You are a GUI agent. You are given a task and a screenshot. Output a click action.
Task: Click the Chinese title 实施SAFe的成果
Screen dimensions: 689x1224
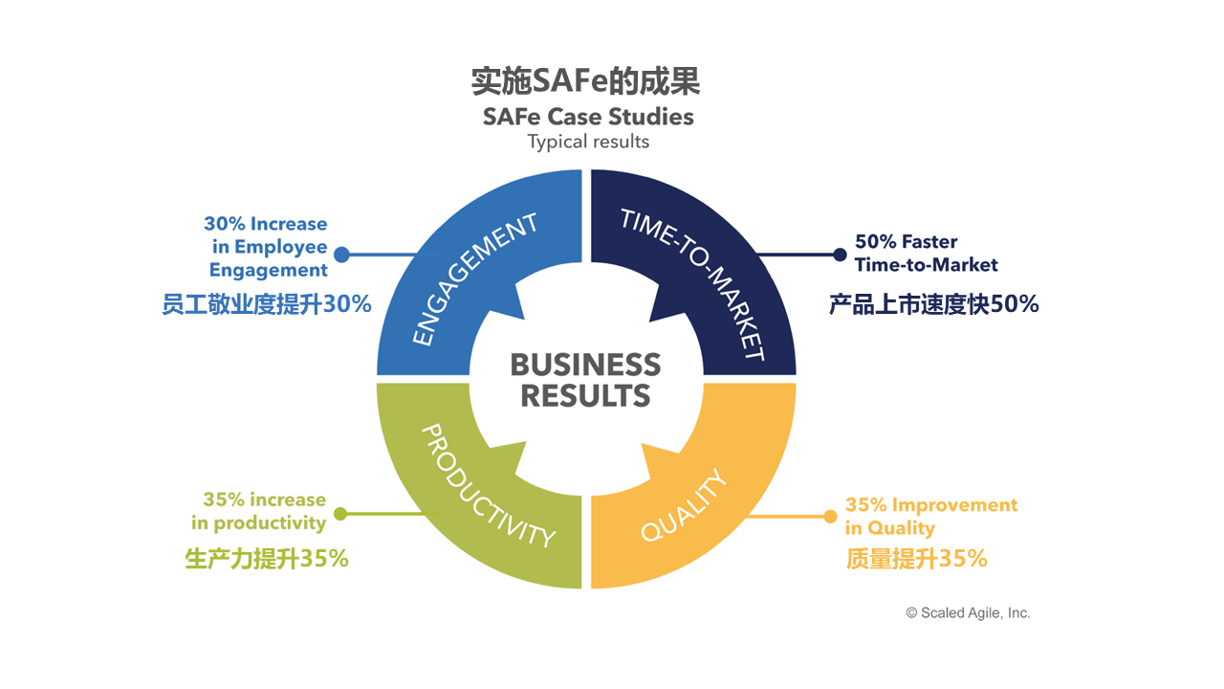(x=585, y=82)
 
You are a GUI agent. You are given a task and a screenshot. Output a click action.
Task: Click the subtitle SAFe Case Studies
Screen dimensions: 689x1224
(x=588, y=117)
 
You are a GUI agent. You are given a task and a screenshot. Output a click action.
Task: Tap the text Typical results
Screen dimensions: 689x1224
(x=588, y=142)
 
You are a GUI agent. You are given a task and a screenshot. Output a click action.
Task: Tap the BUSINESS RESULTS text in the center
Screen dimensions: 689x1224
(x=585, y=379)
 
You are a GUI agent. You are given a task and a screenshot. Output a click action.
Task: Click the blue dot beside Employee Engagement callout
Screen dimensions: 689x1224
(x=341, y=255)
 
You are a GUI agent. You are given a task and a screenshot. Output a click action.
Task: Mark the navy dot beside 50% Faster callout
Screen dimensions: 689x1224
(x=840, y=255)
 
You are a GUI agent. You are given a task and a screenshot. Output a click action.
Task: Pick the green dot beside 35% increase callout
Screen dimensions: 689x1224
(x=340, y=514)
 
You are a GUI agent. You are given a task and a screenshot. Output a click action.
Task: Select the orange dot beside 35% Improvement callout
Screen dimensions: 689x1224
(x=830, y=517)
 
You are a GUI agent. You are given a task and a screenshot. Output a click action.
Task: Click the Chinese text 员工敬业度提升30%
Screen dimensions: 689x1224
(x=267, y=304)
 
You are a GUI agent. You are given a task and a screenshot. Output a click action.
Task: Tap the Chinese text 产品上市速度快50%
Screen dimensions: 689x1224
(x=933, y=304)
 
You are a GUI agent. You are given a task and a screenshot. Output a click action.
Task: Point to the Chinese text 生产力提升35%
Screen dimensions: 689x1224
(x=267, y=559)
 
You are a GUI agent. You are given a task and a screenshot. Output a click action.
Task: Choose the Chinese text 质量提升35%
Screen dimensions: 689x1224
(x=916, y=559)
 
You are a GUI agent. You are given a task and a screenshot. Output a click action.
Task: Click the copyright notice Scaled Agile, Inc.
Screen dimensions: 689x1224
(x=968, y=613)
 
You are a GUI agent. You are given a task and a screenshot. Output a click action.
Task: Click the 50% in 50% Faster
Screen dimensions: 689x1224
(x=875, y=242)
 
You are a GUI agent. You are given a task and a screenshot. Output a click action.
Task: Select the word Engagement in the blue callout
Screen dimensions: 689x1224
(x=269, y=270)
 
